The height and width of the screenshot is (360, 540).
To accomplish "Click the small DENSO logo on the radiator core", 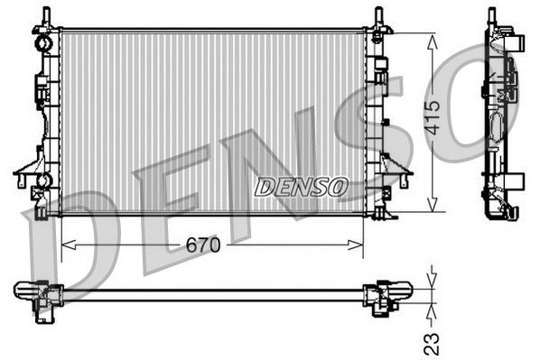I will (x=300, y=187).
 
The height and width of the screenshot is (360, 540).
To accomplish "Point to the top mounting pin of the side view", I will (x=492, y=16).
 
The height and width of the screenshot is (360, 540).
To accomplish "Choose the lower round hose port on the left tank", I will (x=42, y=181).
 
